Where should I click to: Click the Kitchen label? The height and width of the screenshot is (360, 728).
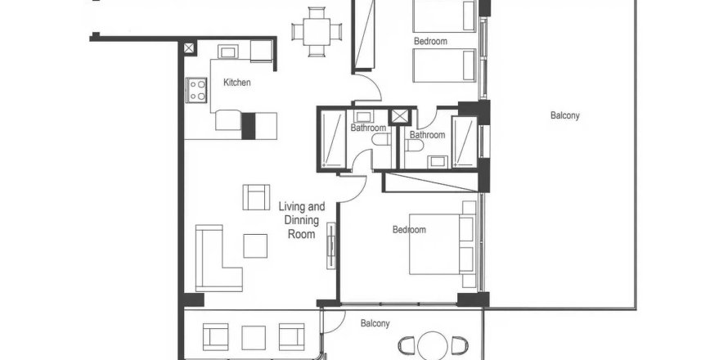[x=236, y=83]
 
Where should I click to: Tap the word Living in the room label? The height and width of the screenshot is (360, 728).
[x=291, y=207]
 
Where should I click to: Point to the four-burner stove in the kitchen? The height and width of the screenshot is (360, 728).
[x=196, y=88]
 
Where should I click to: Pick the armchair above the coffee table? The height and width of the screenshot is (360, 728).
[x=256, y=197]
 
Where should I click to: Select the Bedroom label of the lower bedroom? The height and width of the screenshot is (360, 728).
[x=409, y=230]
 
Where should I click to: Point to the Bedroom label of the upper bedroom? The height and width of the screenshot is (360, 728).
[x=430, y=41]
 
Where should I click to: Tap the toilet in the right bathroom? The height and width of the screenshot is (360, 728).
[x=413, y=146]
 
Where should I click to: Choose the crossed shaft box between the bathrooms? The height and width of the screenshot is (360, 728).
[x=401, y=115]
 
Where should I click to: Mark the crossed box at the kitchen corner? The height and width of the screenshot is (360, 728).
[x=190, y=48]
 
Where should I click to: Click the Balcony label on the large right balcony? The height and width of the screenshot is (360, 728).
[x=564, y=116]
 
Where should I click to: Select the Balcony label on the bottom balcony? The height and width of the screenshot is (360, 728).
[x=375, y=324]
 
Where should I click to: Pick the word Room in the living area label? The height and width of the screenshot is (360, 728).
[x=302, y=234]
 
